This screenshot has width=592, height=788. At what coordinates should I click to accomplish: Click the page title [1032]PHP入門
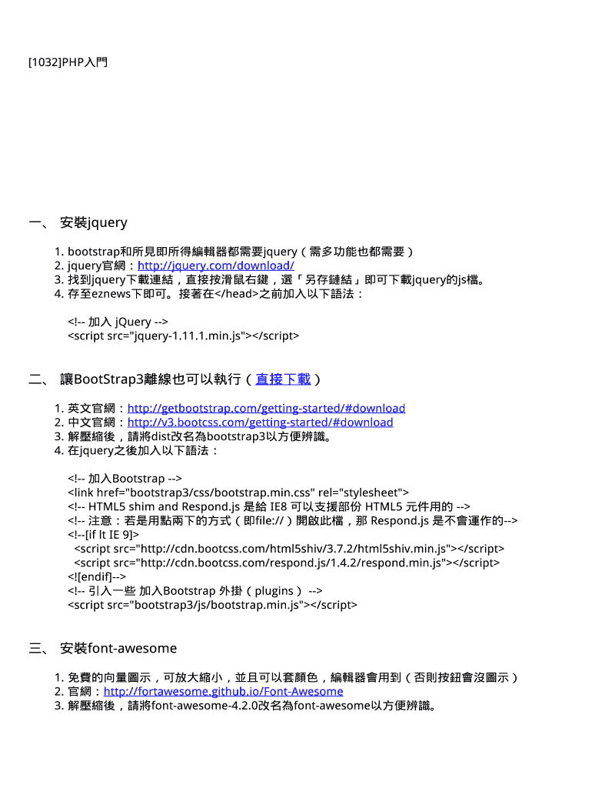coord(68,62)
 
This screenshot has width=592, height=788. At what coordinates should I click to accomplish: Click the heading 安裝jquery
coord(93,222)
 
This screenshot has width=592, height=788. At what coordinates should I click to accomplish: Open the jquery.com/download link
coord(215,265)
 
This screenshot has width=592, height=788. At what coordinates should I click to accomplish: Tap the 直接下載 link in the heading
coord(283,379)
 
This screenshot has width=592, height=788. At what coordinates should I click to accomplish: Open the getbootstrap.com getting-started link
coord(266,408)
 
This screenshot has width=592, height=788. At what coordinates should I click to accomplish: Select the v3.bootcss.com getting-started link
coord(260,422)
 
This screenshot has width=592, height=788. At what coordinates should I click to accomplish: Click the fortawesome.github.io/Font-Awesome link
coord(223,691)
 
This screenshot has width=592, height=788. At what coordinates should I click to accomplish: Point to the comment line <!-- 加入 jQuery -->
coord(118,322)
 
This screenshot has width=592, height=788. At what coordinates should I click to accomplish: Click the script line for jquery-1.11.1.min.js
coord(183,336)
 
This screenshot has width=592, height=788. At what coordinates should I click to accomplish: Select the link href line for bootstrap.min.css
coord(238,492)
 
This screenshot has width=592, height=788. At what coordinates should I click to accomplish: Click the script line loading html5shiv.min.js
coord(289,549)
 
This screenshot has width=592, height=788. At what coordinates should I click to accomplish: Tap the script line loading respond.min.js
coord(287,563)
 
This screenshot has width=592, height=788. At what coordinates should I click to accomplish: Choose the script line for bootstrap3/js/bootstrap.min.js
coord(212,605)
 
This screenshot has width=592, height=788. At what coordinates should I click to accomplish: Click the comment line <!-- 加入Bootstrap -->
coord(125,479)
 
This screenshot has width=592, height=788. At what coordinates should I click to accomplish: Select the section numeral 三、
coord(38,648)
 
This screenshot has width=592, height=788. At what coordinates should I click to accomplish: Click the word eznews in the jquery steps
coord(111,293)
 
